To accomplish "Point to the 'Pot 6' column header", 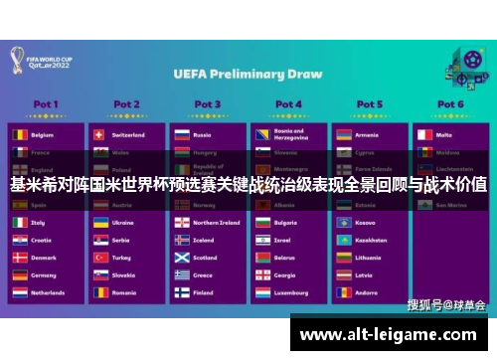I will coord(449,103).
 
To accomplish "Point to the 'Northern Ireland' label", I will coord(216,223).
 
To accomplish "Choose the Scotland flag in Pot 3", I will coord(181,258).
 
